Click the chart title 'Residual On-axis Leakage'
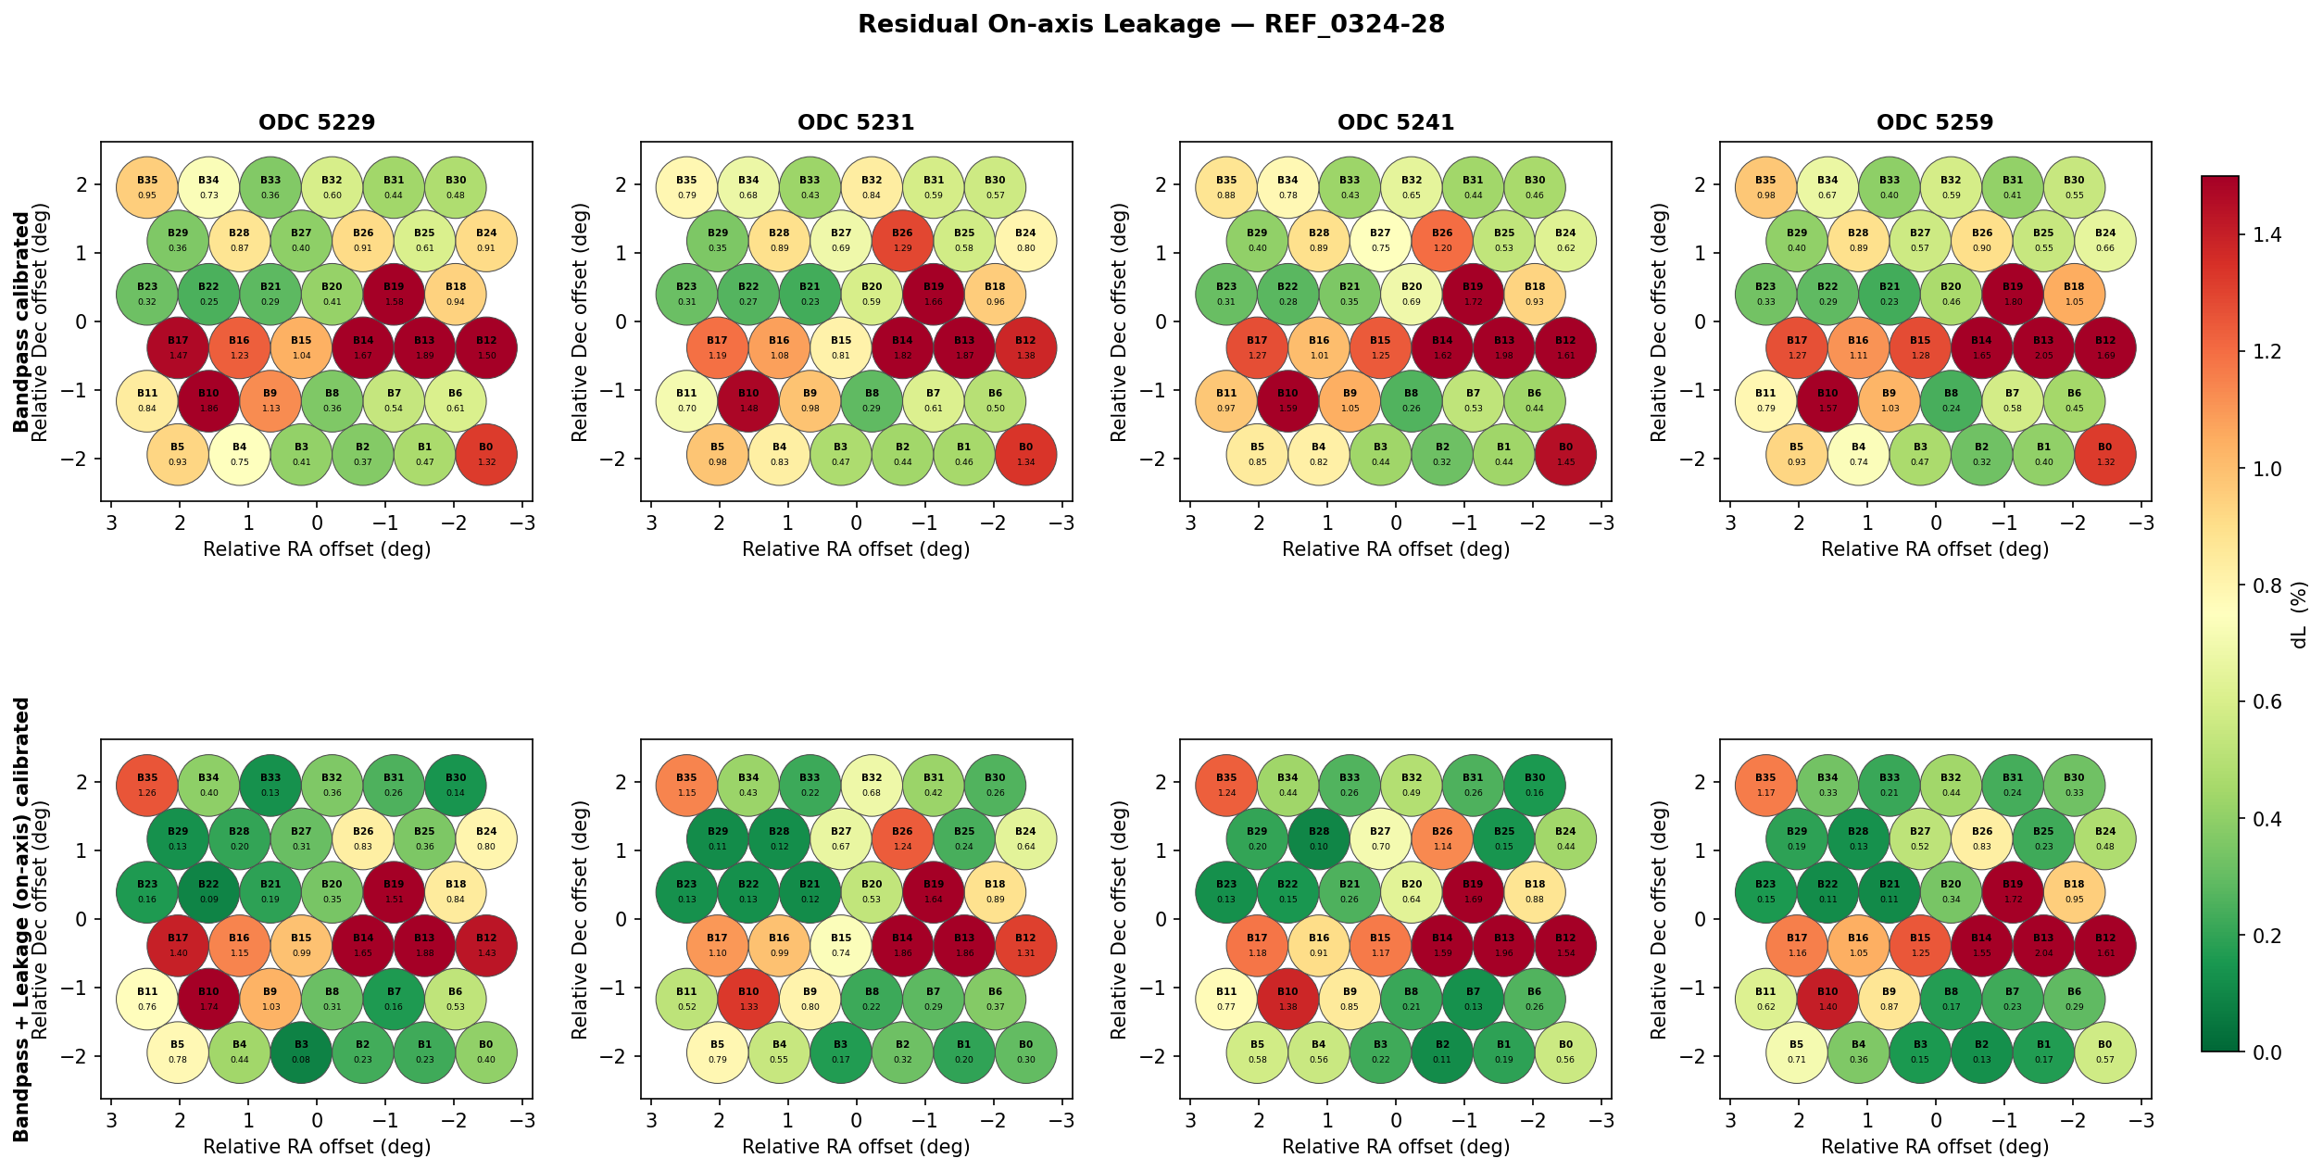pos(1150,24)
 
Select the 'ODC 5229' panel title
pos(317,122)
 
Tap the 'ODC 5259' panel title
pos(1935,122)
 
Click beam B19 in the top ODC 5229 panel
pos(394,295)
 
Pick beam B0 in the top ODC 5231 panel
pos(1025,455)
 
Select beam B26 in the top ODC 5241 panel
pos(1442,241)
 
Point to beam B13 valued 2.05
pos(2043,348)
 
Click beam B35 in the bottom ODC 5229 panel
pos(147,786)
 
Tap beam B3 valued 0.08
pos(301,1052)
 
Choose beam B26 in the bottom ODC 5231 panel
pos(902,839)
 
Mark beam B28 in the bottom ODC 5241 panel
pos(1319,839)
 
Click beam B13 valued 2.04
pos(2043,946)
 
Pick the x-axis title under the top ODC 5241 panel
pos(1396,549)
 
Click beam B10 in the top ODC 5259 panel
pos(1827,401)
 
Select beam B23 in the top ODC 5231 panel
pos(686,295)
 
